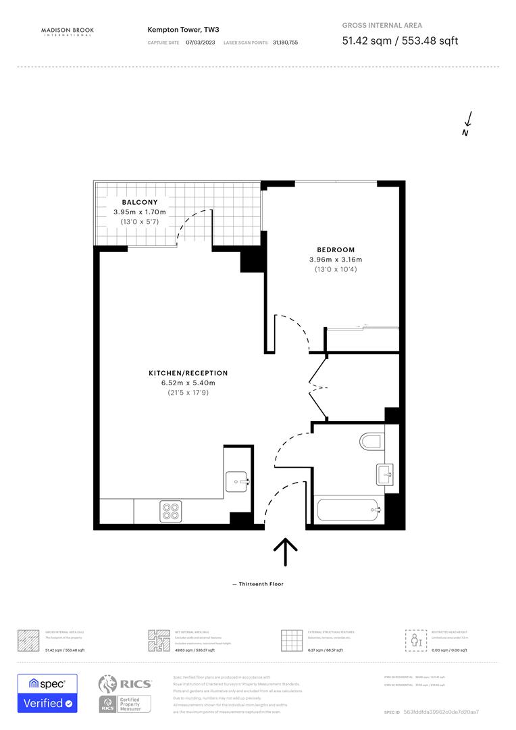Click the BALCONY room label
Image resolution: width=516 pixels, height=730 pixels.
[x=140, y=202]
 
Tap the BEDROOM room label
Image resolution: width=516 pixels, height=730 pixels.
[x=336, y=249]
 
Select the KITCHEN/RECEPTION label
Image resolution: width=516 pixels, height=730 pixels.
[x=188, y=373]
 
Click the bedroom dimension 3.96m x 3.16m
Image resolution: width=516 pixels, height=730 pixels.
[x=336, y=260]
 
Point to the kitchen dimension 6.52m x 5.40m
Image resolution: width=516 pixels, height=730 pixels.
[x=188, y=383]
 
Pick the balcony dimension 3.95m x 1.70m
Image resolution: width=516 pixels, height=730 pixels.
[x=140, y=212]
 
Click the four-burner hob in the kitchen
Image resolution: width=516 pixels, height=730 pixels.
[x=170, y=510]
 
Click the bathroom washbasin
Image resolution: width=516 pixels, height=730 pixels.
[x=384, y=474]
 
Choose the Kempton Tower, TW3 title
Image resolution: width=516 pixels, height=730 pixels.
[x=174, y=30]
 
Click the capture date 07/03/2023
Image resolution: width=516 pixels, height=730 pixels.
[x=201, y=43]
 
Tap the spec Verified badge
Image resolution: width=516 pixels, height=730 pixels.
[x=47, y=693]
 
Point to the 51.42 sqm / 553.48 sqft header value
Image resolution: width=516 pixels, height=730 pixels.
[x=400, y=41]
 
